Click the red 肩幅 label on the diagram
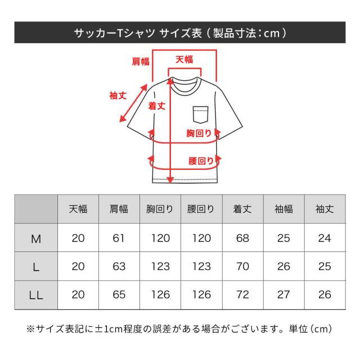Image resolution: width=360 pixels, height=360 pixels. tap(141, 61)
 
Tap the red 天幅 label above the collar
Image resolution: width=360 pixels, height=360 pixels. tap(184, 60)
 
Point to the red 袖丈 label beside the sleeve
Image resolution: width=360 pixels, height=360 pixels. tap(118, 96)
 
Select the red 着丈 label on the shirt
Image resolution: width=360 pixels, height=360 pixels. tap(157, 106)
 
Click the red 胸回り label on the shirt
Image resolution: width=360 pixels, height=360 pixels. tap(199, 133)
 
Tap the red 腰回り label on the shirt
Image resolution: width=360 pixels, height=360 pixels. tap(201, 161)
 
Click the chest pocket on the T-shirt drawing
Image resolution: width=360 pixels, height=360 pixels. tap(201, 115)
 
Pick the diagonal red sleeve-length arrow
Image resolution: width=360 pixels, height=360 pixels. tap(133, 103)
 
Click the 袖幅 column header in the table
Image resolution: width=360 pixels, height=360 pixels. tap(283, 209)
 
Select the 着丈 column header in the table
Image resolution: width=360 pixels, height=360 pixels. tap(242, 209)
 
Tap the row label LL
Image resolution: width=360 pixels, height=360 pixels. tap(36, 295)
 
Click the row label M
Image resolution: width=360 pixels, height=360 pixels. tap(36, 239)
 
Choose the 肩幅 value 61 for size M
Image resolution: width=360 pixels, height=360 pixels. tap(119, 238)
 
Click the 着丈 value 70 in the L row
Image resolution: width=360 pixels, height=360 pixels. tap(242, 266)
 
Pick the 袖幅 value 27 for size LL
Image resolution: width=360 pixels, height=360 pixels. tap(283, 295)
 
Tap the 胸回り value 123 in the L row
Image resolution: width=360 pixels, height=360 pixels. tap(160, 266)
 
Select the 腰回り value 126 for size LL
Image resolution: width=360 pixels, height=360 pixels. tap(201, 295)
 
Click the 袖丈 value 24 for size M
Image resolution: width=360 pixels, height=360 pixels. tap(325, 238)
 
